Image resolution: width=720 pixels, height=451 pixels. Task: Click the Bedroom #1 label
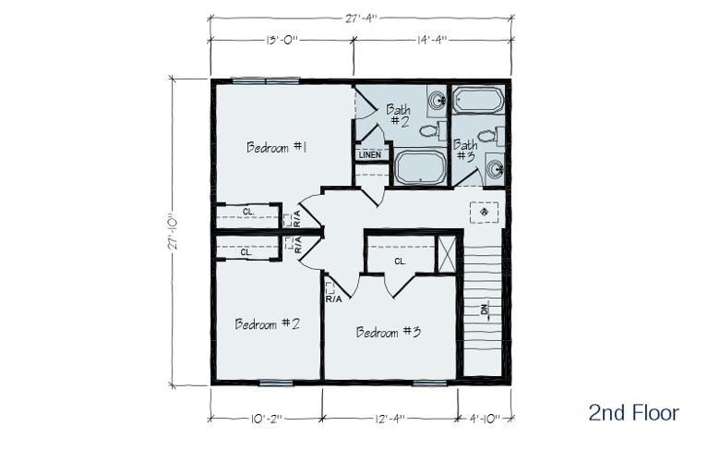(x=276, y=147)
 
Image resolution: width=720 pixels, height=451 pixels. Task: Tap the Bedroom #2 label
(x=268, y=324)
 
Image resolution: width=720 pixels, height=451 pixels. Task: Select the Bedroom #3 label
(x=389, y=332)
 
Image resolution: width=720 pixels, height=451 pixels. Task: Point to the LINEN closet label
(x=370, y=155)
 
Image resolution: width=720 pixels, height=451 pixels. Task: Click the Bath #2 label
(x=399, y=115)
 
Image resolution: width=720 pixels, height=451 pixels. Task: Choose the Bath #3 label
(x=464, y=151)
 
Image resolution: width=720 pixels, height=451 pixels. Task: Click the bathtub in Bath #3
(x=478, y=100)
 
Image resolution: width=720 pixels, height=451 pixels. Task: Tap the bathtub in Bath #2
(x=421, y=167)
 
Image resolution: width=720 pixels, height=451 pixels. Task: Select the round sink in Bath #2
(x=437, y=99)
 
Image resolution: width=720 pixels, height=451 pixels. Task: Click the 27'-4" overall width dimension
(x=361, y=18)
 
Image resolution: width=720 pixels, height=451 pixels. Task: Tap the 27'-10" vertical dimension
(x=174, y=232)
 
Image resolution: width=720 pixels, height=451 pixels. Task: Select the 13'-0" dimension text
(x=282, y=40)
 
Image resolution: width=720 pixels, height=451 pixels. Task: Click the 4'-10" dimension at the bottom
(x=485, y=419)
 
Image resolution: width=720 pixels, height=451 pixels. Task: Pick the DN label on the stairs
(x=485, y=310)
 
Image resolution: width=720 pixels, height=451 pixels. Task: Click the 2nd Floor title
(x=633, y=412)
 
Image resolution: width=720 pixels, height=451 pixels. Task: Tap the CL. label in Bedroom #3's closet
(x=400, y=262)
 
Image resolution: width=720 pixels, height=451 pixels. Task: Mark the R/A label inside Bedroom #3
(x=334, y=299)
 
